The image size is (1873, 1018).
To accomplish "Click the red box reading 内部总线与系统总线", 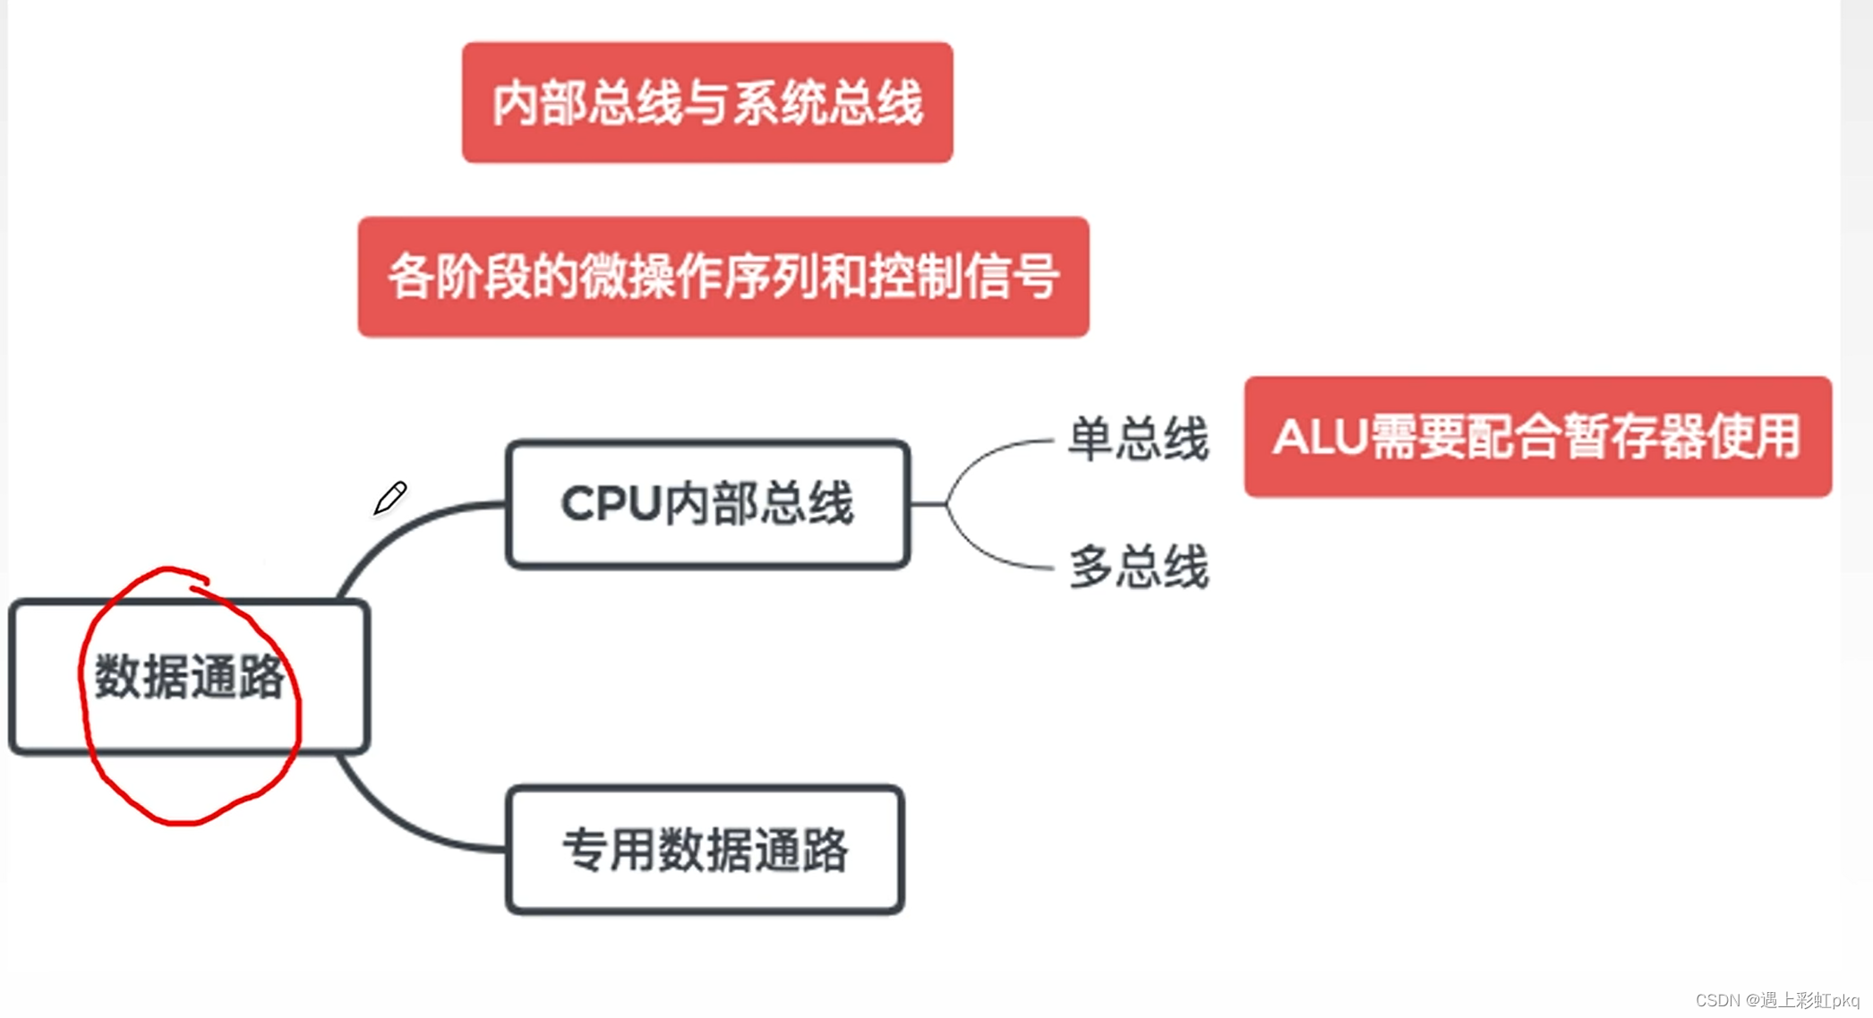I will pyautogui.click(x=707, y=103).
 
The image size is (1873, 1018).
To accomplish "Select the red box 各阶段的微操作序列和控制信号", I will pyautogui.click(x=723, y=277).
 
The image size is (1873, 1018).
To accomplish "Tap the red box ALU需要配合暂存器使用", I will pyautogui.click(x=1537, y=437).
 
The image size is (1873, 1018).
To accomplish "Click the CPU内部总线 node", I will pyautogui.click(x=707, y=504).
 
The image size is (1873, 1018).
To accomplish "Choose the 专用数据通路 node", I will pyautogui.click(x=705, y=850).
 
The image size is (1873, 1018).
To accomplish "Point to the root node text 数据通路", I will pyautogui.click(x=190, y=677).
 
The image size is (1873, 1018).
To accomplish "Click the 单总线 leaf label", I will pyautogui.click(x=1139, y=439).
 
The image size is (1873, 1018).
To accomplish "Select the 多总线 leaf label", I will pyautogui.click(x=1139, y=567).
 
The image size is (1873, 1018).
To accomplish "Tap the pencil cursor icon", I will pyautogui.click(x=390, y=498).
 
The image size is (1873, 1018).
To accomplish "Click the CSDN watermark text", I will pyautogui.click(x=1777, y=1000).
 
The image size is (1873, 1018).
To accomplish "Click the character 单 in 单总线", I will pyautogui.click(x=1091, y=439).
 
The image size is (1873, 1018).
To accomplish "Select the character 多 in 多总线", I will pyautogui.click(x=1091, y=567).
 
